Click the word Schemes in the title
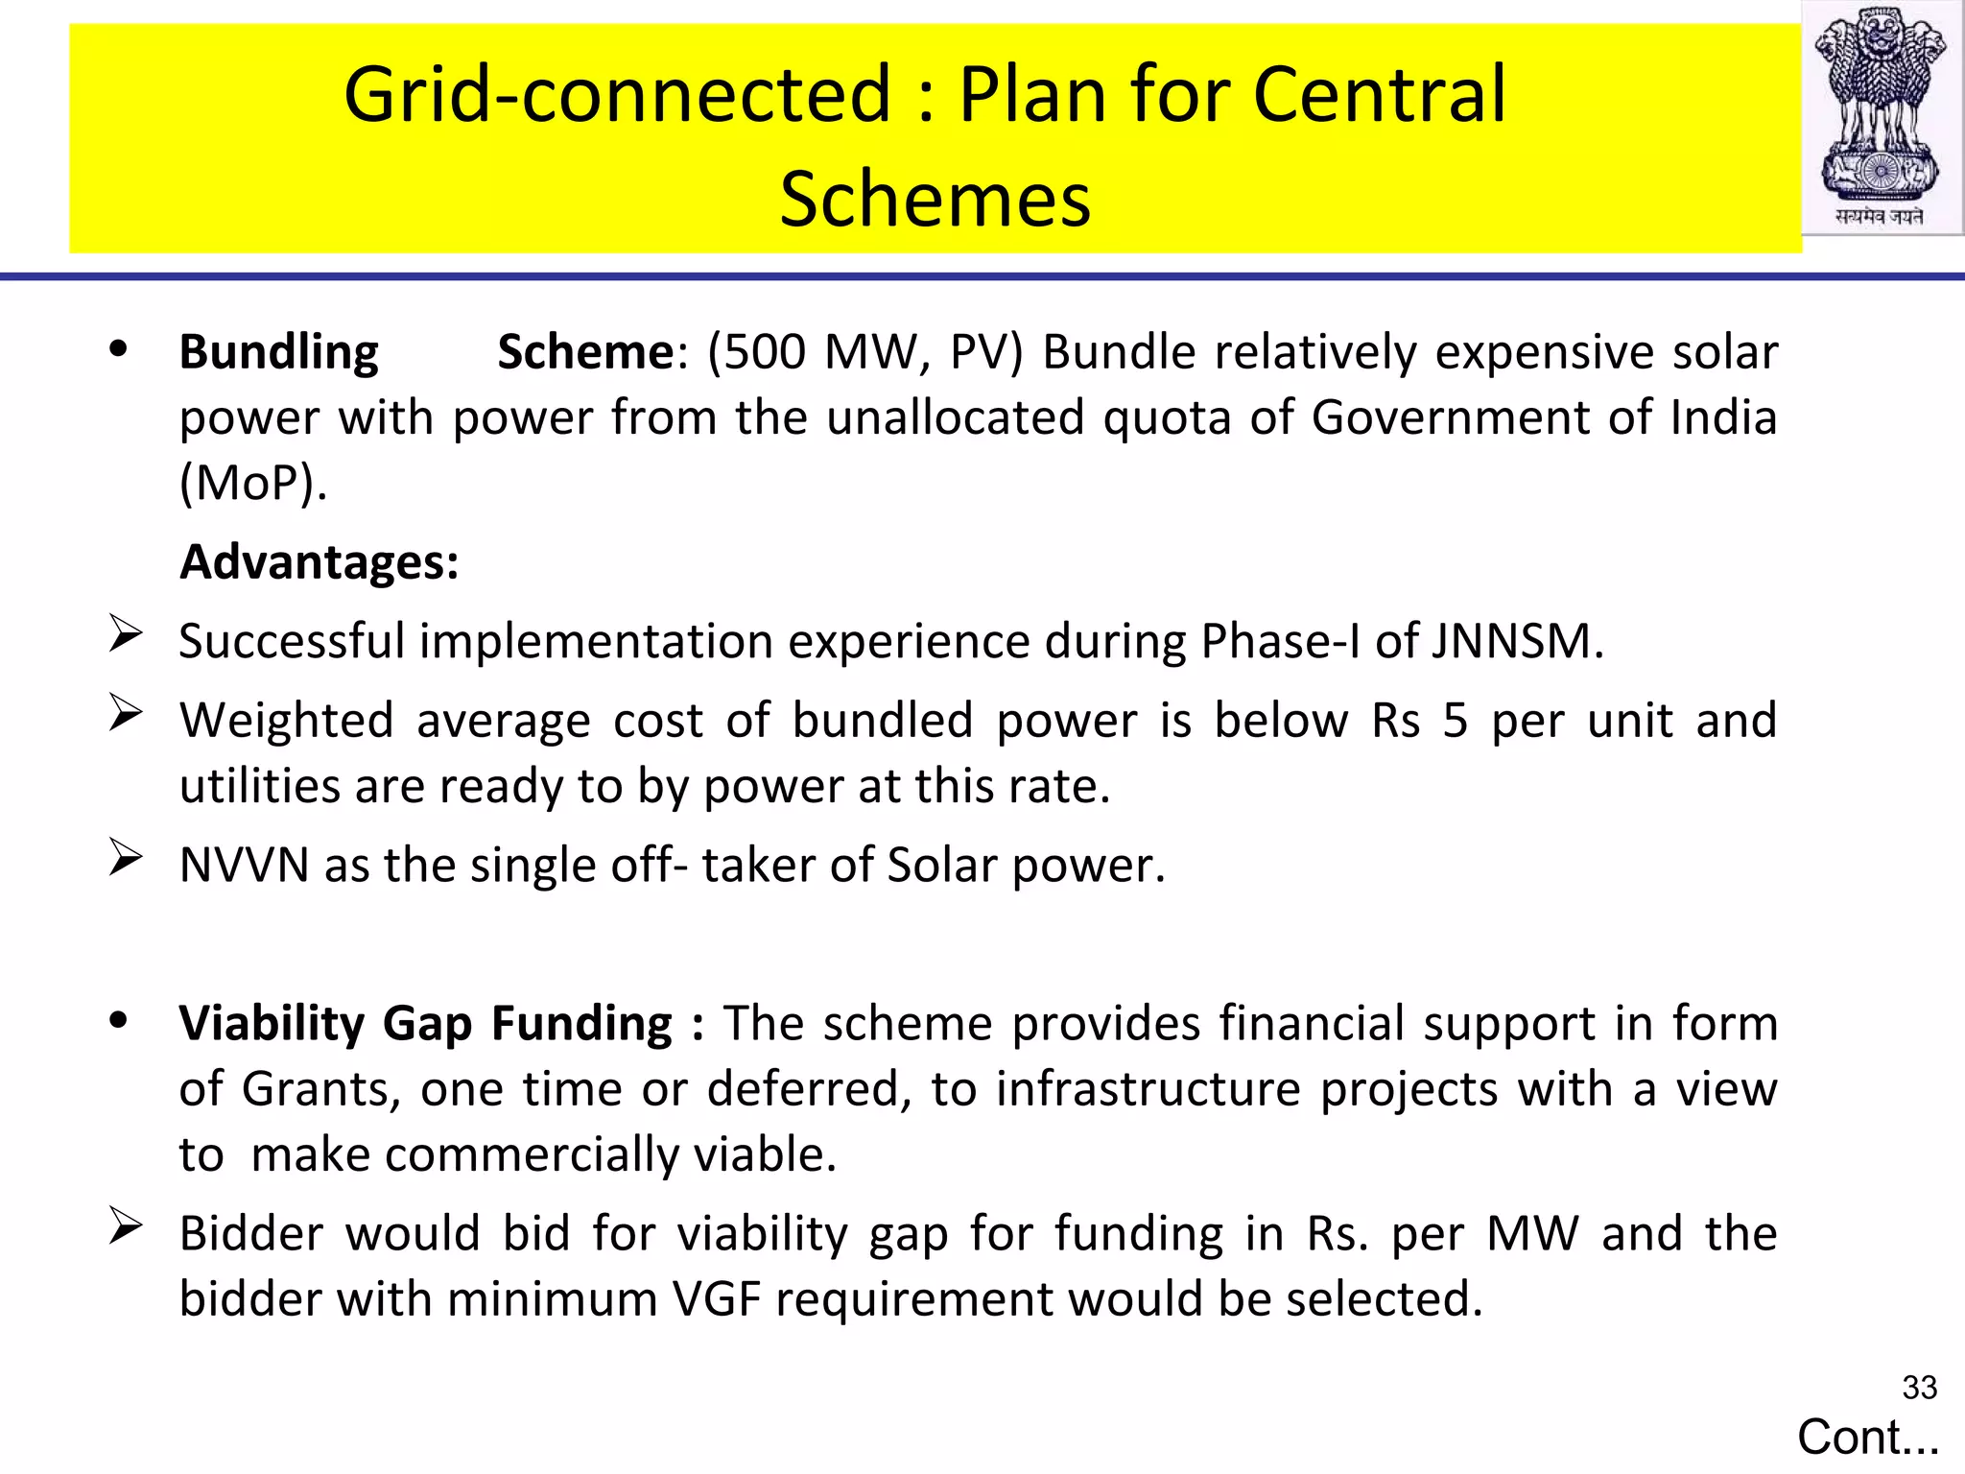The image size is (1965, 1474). pos(935,199)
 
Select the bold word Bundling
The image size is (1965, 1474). pos(278,352)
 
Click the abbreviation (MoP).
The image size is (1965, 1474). pos(253,483)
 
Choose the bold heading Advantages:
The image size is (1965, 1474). pos(320,561)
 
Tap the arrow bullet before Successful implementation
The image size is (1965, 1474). pos(126,634)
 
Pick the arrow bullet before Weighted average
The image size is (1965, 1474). pos(126,713)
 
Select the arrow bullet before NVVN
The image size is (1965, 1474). pos(126,858)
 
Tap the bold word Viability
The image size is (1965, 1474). pos(272,1024)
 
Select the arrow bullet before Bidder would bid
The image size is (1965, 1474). pos(126,1226)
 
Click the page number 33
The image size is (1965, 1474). pos(1919,1388)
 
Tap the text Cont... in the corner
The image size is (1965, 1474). pos(1867,1438)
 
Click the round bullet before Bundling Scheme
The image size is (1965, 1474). pos(118,349)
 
